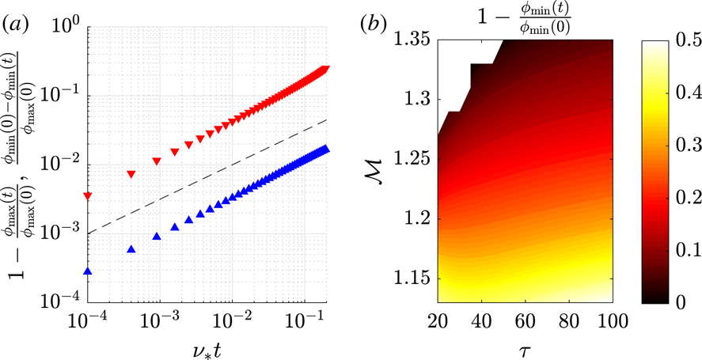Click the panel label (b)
375,25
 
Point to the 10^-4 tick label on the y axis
57,303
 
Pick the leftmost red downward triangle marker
88,196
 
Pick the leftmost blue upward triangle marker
88,271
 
